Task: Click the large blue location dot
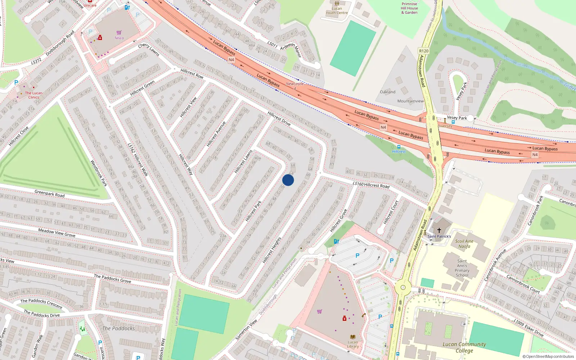[x=288, y=180]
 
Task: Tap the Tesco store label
[x=119, y=38]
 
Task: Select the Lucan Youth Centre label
[x=337, y=10]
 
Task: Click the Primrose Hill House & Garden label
[x=409, y=8]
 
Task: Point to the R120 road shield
[x=424, y=51]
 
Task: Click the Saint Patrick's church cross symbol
[x=439, y=230]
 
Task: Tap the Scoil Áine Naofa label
[x=464, y=244]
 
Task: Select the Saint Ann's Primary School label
[x=462, y=268]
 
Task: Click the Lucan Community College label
[x=464, y=347]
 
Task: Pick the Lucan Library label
[x=353, y=344]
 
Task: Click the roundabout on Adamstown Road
[x=403, y=287]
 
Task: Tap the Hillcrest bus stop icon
[x=399, y=147]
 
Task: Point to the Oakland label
[x=387, y=92]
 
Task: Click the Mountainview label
[x=410, y=101]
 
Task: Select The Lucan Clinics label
[x=33, y=95]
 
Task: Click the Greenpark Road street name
[x=49, y=194]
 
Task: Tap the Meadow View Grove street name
[x=57, y=233]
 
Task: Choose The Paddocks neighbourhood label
[x=118, y=328]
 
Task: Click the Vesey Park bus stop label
[x=456, y=118]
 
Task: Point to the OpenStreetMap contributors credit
[x=548, y=357]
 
